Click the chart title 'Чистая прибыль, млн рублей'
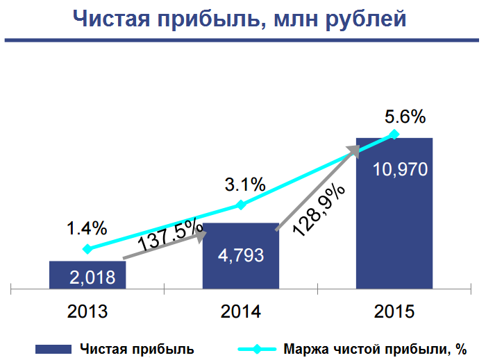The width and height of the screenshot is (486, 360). (x=240, y=19)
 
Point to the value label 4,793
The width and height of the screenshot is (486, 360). (x=240, y=255)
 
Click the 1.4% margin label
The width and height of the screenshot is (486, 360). (x=87, y=228)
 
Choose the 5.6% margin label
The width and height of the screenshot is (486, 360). (x=405, y=117)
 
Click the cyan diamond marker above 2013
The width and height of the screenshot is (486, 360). (x=87, y=248)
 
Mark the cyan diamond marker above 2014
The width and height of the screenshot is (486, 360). (x=240, y=205)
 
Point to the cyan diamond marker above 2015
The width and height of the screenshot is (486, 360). (x=394, y=134)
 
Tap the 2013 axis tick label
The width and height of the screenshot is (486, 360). (x=87, y=311)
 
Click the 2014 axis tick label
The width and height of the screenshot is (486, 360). (x=240, y=311)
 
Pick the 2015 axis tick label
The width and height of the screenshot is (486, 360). (x=394, y=311)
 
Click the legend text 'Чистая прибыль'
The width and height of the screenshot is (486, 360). (x=136, y=348)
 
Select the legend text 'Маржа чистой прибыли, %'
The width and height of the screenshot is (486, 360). (x=375, y=348)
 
